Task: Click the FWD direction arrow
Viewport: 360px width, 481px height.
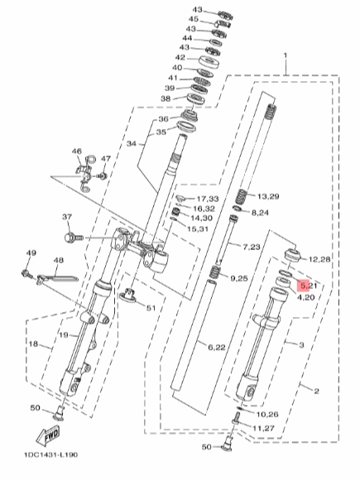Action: (48, 435)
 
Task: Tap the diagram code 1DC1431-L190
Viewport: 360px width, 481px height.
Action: (51, 455)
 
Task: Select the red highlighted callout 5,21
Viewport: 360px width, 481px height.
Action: (307, 286)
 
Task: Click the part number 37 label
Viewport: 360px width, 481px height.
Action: (67, 217)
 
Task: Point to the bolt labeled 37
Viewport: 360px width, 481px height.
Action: (74, 238)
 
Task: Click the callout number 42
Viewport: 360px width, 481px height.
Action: (180, 57)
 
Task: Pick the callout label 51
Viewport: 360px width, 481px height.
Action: (151, 308)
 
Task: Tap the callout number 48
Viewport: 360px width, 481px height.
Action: (58, 261)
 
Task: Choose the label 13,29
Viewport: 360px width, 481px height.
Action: (268, 196)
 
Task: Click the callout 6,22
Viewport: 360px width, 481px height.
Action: (217, 347)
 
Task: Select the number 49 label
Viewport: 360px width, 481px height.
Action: (31, 253)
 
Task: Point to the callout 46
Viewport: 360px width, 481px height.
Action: (77, 152)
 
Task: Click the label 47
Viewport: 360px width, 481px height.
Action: (106, 159)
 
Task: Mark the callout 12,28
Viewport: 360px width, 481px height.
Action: (319, 259)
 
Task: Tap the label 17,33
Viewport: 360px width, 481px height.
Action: (208, 199)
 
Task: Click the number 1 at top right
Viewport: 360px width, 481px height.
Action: (286, 55)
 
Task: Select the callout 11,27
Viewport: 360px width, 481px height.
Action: (263, 428)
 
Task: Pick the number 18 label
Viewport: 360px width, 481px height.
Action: (33, 344)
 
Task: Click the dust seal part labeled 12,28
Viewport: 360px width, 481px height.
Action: (292, 256)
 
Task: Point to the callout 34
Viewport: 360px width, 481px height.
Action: (132, 143)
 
